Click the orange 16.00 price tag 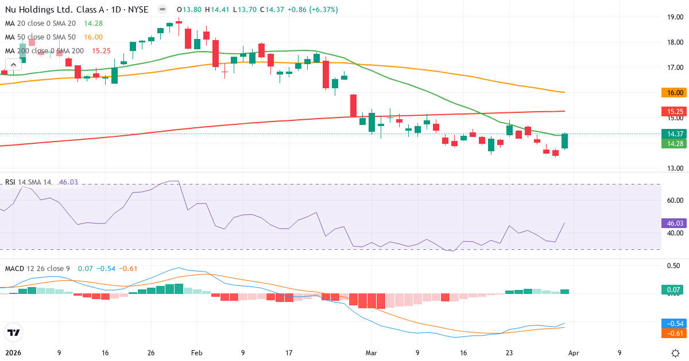tap(674, 92)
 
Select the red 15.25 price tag tap(674, 112)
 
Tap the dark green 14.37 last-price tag tap(674, 134)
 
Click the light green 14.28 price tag tap(674, 143)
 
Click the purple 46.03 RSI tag tap(674, 223)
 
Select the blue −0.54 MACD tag tap(674, 323)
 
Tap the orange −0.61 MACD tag tap(674, 333)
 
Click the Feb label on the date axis tap(197, 353)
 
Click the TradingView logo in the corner tap(13, 332)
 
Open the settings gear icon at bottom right tap(675, 352)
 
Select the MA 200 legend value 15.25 tap(101, 50)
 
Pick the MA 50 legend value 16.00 tap(93, 37)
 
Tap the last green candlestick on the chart tap(565, 141)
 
